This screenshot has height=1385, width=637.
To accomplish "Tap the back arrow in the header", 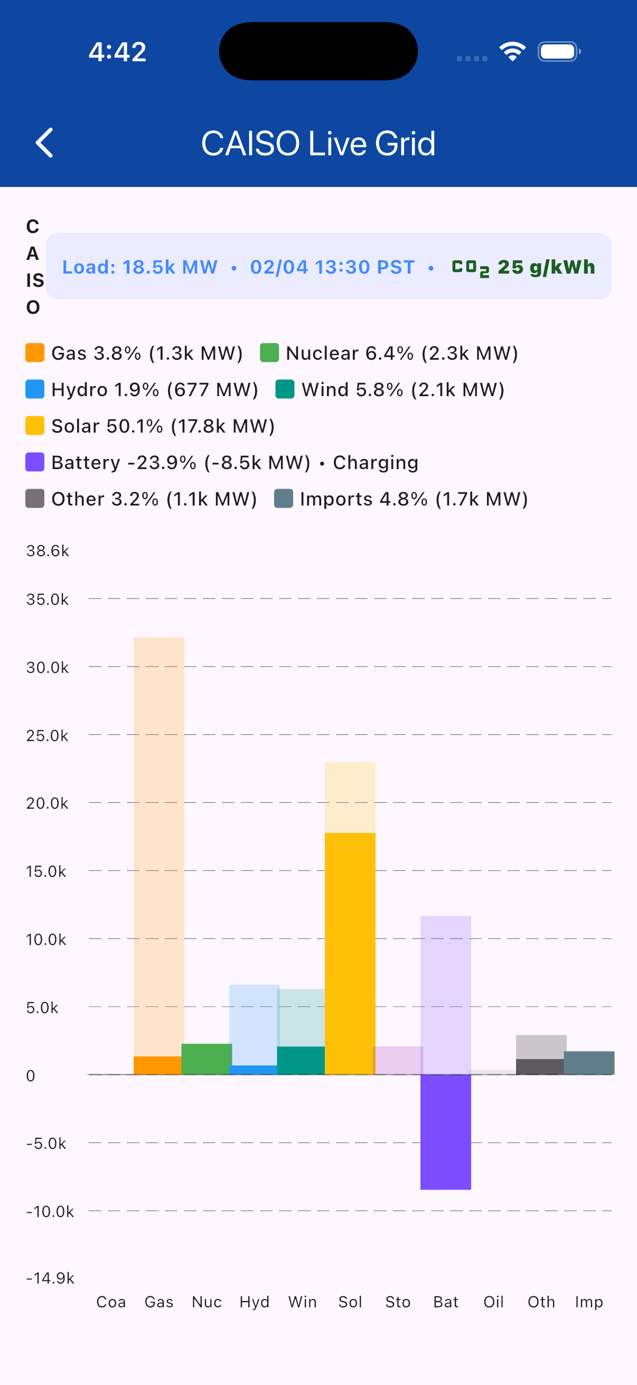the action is pyautogui.click(x=44, y=143).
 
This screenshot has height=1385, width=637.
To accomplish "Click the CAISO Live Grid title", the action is pyautogui.click(x=318, y=144).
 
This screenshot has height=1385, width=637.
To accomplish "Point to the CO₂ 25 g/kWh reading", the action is pyautogui.click(x=523, y=267).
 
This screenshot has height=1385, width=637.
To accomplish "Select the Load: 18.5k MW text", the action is pyautogui.click(x=140, y=267).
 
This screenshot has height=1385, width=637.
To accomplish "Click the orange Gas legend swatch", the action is pyautogui.click(x=35, y=353).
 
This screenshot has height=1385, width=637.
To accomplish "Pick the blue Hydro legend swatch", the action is pyautogui.click(x=35, y=389).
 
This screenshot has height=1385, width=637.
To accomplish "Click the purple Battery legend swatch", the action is pyautogui.click(x=35, y=462).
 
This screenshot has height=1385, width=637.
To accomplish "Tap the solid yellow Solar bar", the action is pyautogui.click(x=350, y=953).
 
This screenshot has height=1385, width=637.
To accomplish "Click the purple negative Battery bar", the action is pyautogui.click(x=446, y=1132).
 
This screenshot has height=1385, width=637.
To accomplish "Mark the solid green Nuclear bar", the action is pyautogui.click(x=207, y=1059).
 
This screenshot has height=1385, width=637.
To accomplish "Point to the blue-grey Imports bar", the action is pyautogui.click(x=589, y=1062).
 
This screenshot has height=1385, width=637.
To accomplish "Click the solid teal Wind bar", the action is pyautogui.click(x=301, y=1060).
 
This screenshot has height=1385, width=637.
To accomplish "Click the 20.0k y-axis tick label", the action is pyautogui.click(x=48, y=803).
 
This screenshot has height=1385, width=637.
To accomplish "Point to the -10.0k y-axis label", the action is pyautogui.click(x=50, y=1211).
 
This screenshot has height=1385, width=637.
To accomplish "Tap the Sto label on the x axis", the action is pyautogui.click(x=398, y=1302).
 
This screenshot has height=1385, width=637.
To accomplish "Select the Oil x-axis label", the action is pyautogui.click(x=493, y=1302).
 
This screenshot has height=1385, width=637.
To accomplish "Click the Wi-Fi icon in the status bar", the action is pyautogui.click(x=512, y=52).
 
